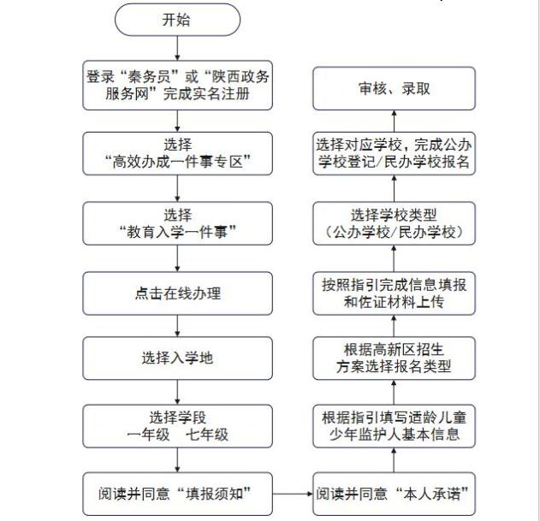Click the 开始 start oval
pos(177,21)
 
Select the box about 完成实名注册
pos(177,85)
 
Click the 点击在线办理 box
pos(177,293)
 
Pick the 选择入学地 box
pos(177,358)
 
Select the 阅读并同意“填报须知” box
pos(177,494)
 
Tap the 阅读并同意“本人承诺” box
pos(395,494)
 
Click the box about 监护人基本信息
pos(395,425)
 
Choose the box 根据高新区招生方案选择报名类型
pos(395,358)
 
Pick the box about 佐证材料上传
pos(395,293)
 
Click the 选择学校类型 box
pos(395,222)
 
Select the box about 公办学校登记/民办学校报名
pos(395,154)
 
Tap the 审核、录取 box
pos(395,88)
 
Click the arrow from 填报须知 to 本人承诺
pos(291,494)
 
